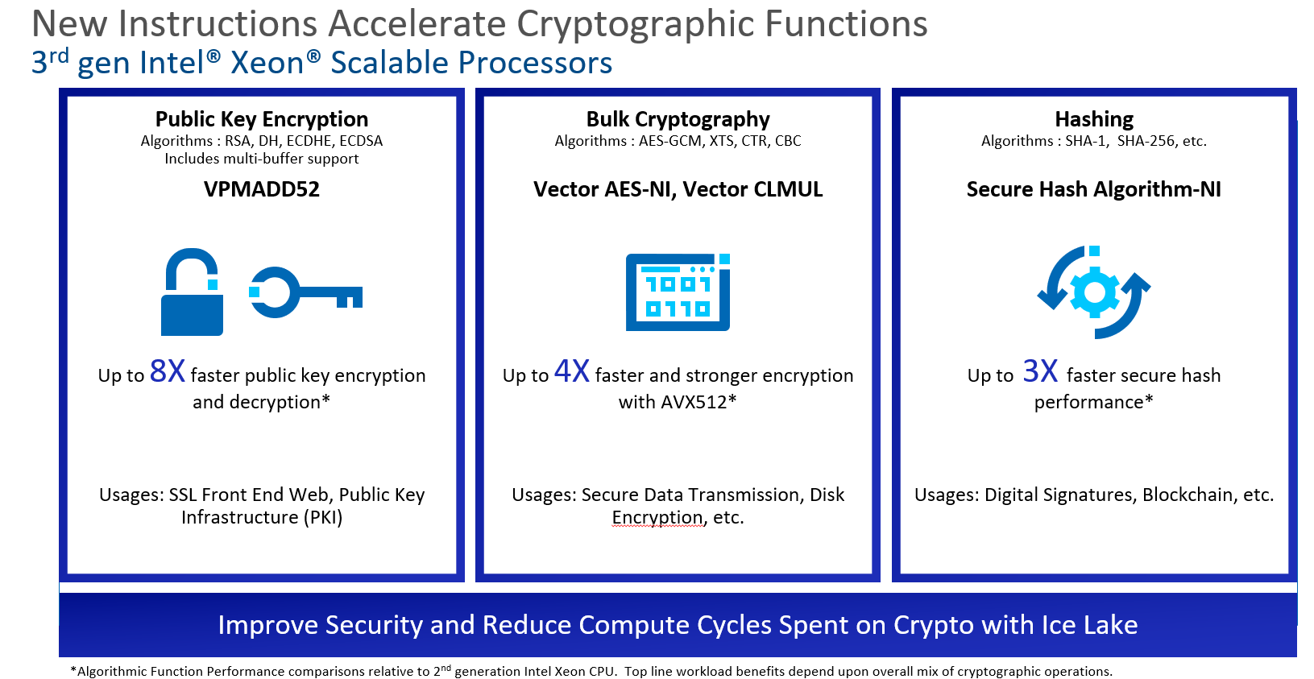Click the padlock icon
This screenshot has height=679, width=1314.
click(x=192, y=294)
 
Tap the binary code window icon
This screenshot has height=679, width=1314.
click(x=678, y=292)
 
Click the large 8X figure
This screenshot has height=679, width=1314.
click(x=168, y=371)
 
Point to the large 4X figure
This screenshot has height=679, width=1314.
click(x=572, y=371)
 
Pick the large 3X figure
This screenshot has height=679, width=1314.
click(x=1040, y=371)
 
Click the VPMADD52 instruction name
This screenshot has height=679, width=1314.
click(x=262, y=189)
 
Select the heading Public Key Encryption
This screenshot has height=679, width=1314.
click(x=262, y=119)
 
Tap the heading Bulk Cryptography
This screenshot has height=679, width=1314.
click(x=678, y=119)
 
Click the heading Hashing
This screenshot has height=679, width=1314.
click(x=1094, y=119)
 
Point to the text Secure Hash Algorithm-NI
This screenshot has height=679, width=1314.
click(x=1093, y=189)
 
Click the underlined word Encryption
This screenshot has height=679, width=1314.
click(x=657, y=517)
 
